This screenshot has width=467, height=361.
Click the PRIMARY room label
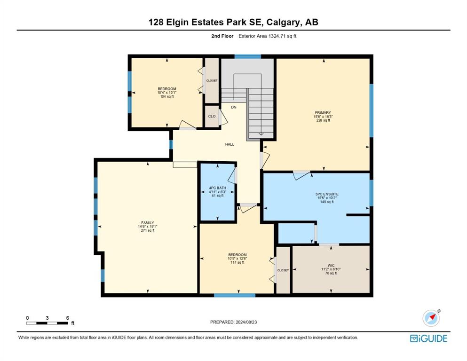(323, 112)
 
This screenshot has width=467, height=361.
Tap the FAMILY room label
(148, 223)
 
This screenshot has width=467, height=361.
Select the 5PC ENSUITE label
(327, 194)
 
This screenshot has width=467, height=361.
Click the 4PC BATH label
(217, 188)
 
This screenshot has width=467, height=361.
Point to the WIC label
(331, 266)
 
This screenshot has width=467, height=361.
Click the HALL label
(230, 144)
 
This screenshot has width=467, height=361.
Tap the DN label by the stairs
(234, 107)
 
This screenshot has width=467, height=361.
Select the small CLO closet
(212, 117)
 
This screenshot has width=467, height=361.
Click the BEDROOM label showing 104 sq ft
(167, 89)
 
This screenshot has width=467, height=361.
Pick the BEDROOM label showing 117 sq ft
(237, 255)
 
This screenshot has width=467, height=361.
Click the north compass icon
(431, 318)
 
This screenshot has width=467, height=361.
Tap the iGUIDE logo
(428, 338)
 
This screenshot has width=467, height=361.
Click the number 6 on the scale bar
(68, 318)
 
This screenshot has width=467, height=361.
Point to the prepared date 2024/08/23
(246, 322)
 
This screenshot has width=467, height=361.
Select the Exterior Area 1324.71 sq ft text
(268, 36)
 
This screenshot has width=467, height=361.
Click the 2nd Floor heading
(222, 36)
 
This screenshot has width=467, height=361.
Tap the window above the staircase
(247, 56)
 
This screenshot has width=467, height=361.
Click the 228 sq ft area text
(323, 120)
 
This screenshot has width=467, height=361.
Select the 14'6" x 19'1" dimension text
(148, 227)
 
